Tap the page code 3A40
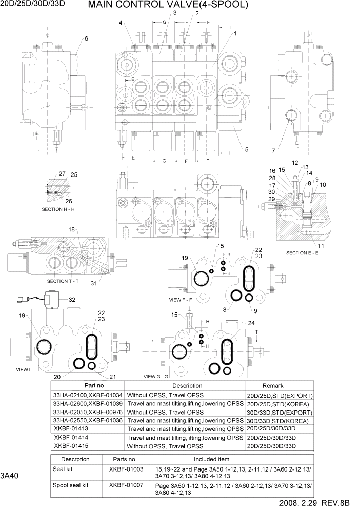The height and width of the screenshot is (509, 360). (x=10, y=476)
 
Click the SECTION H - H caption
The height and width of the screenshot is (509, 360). (x=58, y=210)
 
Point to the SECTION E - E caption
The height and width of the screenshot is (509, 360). (x=302, y=253)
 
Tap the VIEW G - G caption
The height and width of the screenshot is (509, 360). (x=159, y=376)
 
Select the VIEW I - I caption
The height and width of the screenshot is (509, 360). (x=26, y=369)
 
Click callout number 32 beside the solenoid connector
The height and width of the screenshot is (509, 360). (x=72, y=300)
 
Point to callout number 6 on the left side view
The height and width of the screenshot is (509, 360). (x=86, y=39)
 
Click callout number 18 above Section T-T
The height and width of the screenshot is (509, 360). (x=72, y=229)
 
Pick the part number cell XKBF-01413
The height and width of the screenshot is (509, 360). (x=71, y=428)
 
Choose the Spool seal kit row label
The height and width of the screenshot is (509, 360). (x=71, y=485)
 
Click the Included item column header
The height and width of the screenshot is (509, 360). (x=211, y=459)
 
